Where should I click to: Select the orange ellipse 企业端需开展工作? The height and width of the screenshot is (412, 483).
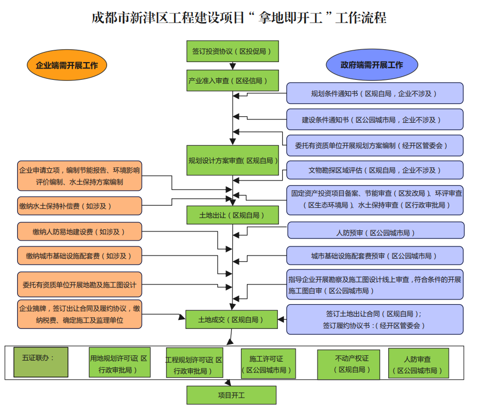(67, 65)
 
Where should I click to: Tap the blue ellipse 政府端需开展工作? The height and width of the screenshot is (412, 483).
(372, 65)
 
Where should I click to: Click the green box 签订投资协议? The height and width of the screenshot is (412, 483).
(232, 51)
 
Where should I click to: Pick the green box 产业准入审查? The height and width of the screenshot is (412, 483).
(232, 80)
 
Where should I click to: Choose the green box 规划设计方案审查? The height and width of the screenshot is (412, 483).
(232, 160)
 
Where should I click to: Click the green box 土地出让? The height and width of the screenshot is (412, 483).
(232, 215)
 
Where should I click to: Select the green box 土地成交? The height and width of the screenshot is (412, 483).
(232, 319)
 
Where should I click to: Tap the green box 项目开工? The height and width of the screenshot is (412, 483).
(231, 395)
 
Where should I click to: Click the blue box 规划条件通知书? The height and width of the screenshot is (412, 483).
(375, 93)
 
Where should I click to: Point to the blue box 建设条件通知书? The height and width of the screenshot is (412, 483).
(375, 119)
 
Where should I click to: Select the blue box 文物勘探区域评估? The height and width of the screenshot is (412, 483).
(375, 170)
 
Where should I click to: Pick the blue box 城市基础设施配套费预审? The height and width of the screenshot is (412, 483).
(375, 256)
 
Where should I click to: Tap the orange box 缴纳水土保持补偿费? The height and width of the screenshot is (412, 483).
(80, 206)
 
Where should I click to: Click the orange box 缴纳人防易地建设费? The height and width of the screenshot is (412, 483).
(80, 231)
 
